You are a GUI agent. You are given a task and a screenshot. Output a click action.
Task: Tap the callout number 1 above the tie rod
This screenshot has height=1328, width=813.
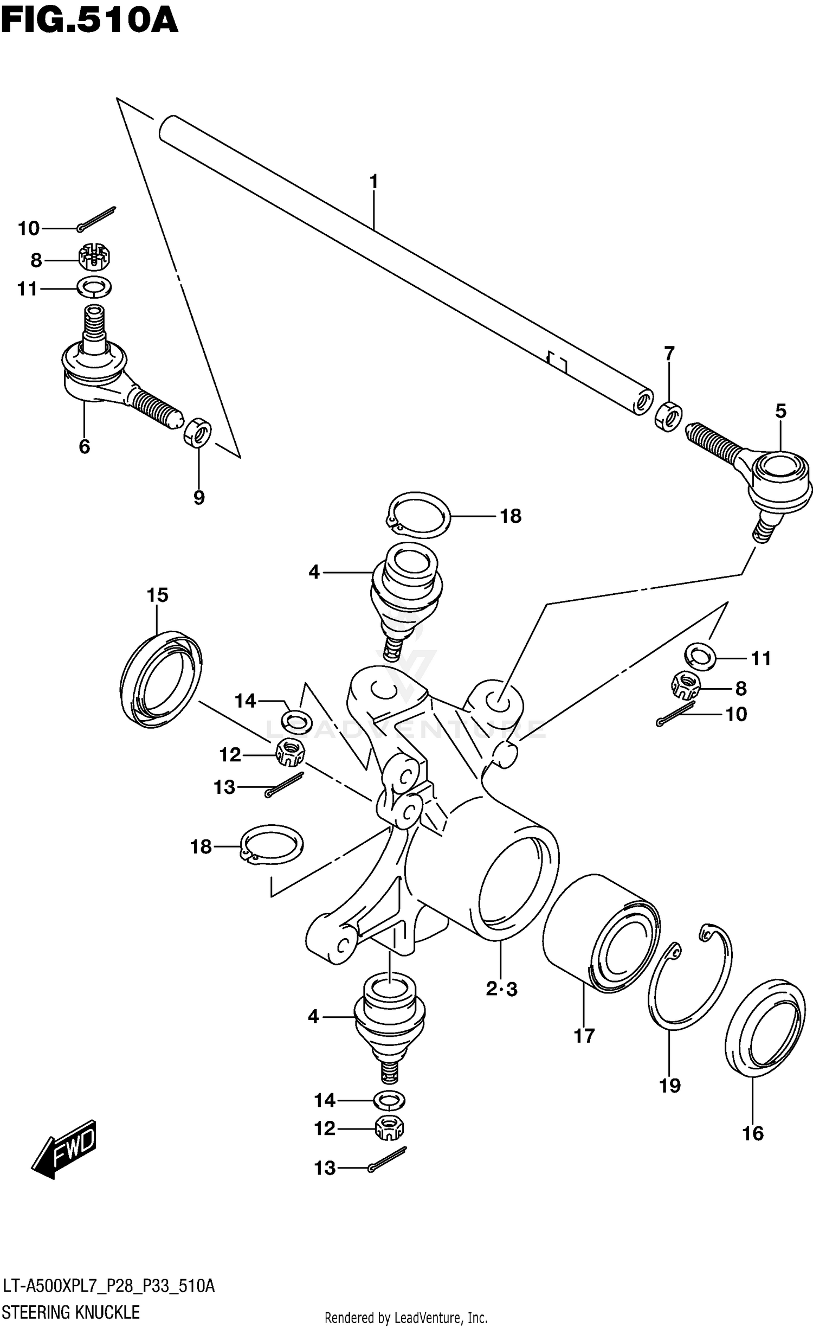tap(373, 182)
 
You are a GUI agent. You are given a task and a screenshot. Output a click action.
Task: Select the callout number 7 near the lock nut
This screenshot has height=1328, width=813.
tap(669, 354)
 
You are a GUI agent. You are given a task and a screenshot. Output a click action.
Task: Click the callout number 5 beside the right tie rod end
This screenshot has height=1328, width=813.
tap(780, 411)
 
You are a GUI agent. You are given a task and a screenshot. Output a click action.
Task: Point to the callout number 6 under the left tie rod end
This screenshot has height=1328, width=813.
tap(84, 447)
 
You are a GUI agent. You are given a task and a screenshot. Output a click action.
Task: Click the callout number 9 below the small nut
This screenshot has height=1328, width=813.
tap(199, 497)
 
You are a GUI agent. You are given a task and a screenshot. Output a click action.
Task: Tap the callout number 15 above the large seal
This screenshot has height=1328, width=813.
tap(157, 595)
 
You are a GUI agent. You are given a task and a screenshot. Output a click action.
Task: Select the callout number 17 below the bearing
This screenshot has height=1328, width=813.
tap(584, 1036)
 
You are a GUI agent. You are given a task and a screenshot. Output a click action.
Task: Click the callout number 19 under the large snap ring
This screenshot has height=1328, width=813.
tap(670, 1086)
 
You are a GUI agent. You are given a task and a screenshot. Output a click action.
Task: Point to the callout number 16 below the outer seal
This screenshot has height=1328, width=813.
tap(753, 1133)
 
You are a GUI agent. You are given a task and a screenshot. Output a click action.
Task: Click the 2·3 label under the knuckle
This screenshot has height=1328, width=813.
tap(501, 990)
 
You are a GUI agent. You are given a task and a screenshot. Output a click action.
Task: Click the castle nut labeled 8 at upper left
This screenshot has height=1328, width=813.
tap(94, 258)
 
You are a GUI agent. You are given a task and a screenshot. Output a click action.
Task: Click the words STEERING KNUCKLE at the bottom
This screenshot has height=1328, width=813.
tap(71, 1312)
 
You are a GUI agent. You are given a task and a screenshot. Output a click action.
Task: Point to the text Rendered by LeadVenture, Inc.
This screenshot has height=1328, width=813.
tap(406, 1318)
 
